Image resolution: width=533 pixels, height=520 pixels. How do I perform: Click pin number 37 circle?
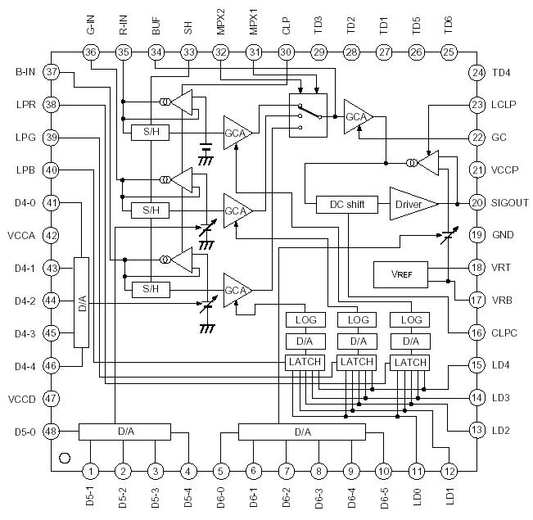pyautogui.click(x=52, y=71)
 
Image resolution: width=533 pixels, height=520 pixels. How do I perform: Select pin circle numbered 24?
pyautogui.click(x=477, y=73)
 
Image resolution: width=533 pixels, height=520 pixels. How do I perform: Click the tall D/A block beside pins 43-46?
pyautogui.click(x=80, y=301)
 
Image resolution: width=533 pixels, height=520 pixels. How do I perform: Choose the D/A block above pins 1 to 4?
pyautogui.click(x=124, y=431)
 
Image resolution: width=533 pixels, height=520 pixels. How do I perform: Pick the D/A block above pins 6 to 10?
pyautogui.click(x=302, y=431)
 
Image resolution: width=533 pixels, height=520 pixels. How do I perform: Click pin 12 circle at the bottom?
pyautogui.click(x=449, y=471)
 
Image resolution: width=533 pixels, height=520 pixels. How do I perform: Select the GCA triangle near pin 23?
pyautogui.click(x=358, y=116)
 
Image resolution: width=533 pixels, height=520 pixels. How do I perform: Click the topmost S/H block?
pyautogui.click(x=150, y=132)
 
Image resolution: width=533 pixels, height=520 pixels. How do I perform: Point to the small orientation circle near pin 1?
pyautogui.click(x=65, y=455)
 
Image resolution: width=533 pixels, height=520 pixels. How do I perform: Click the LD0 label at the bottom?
pyautogui.click(x=417, y=496)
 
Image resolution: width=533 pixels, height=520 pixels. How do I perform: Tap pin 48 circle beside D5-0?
pyautogui.click(x=52, y=431)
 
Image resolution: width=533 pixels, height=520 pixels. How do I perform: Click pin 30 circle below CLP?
pyautogui.click(x=286, y=52)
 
